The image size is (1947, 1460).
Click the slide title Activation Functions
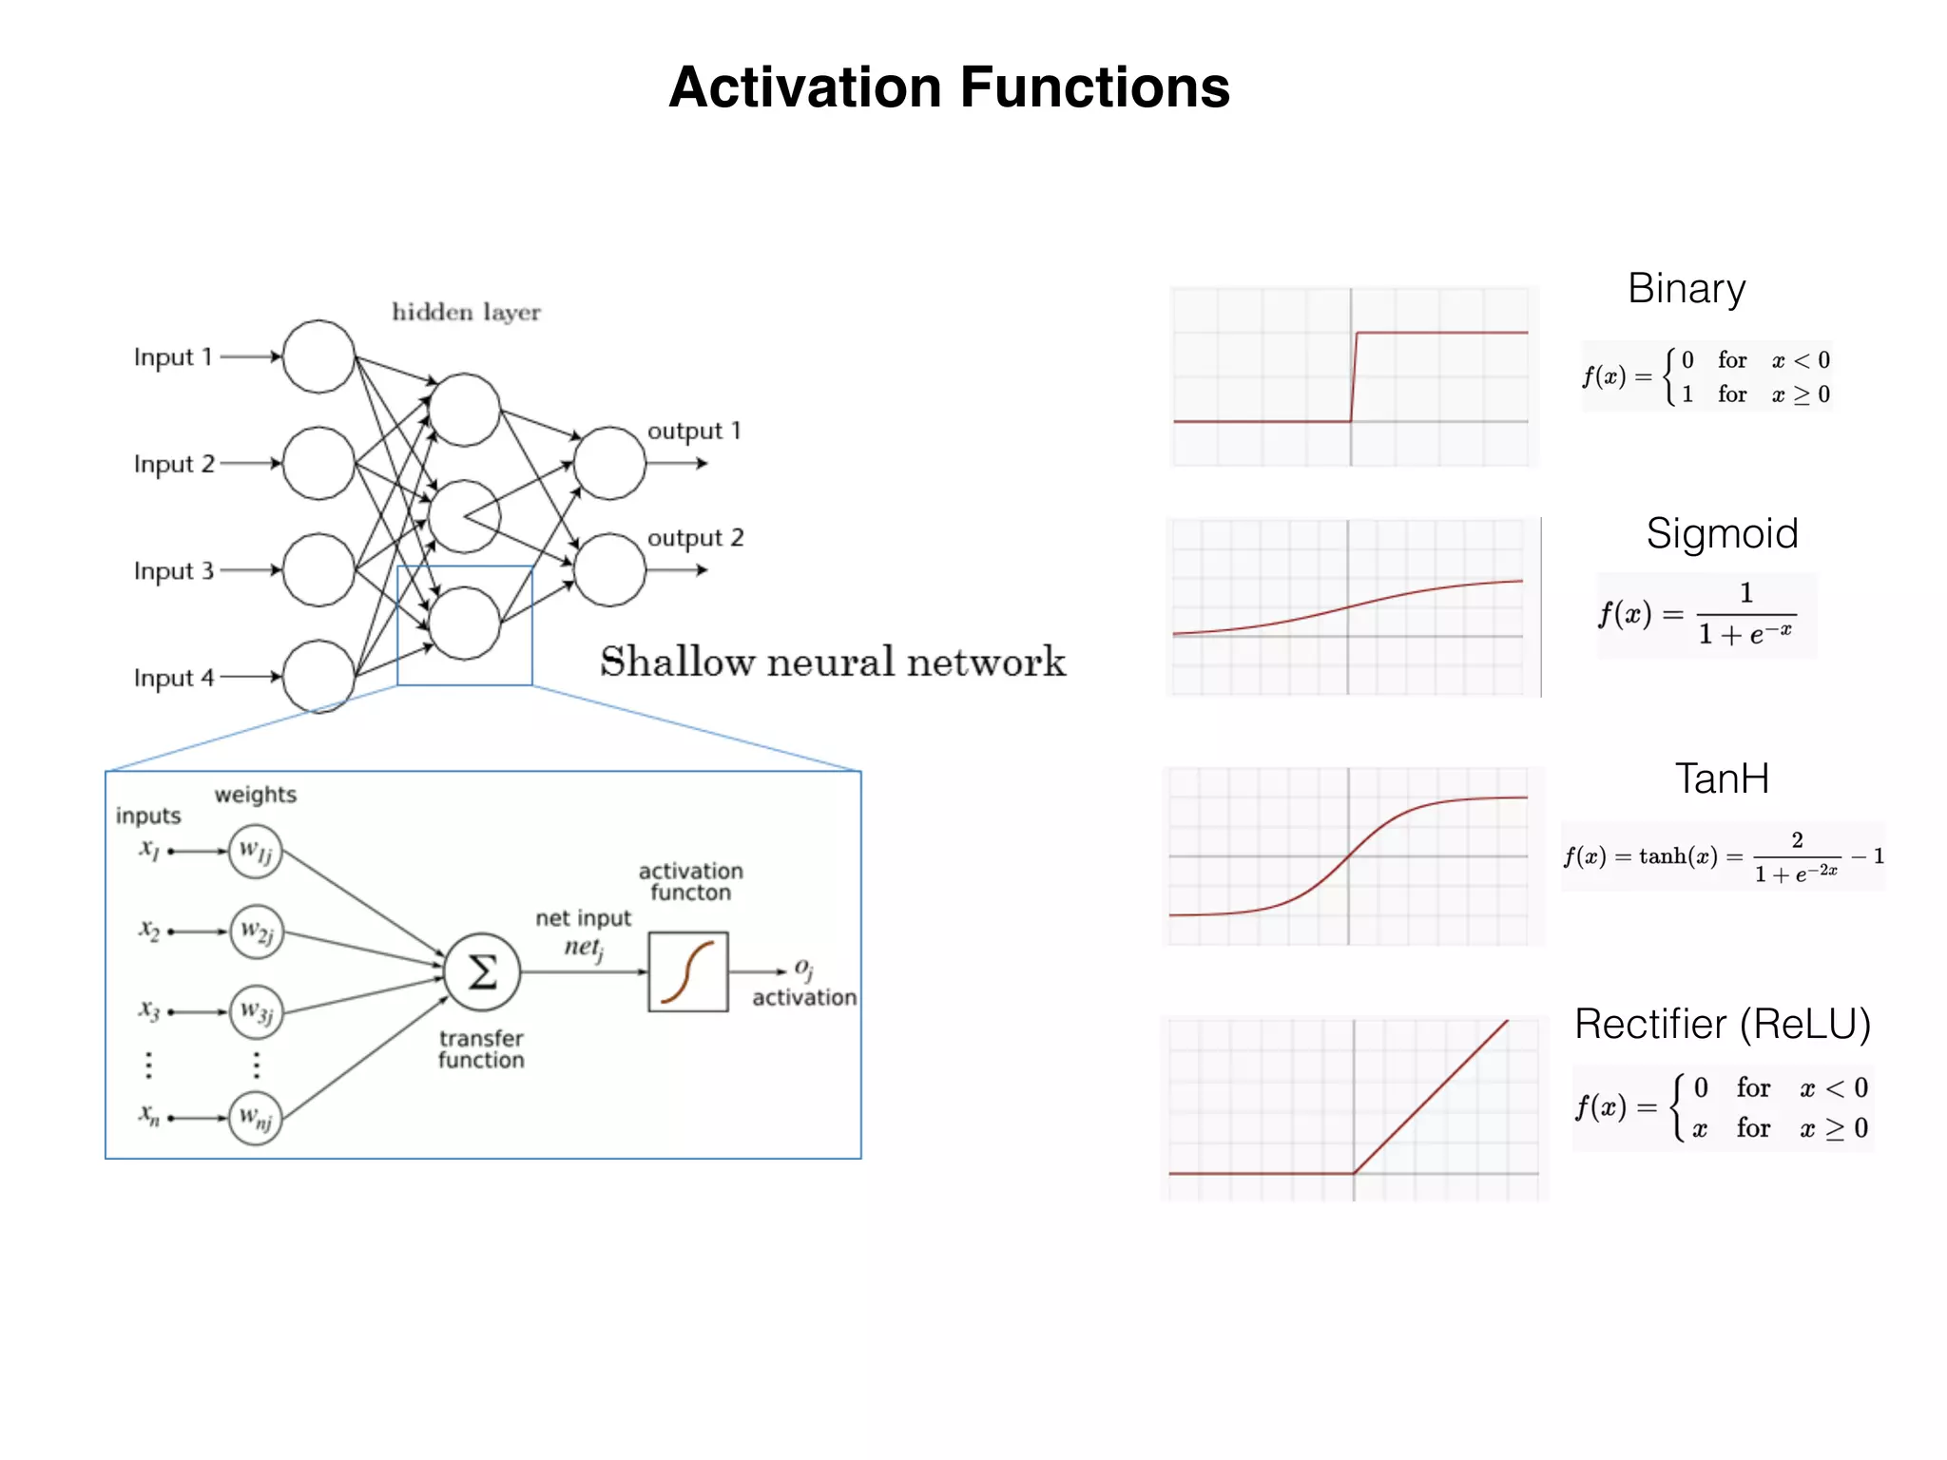(x=949, y=87)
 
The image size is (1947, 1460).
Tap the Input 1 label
(x=172, y=357)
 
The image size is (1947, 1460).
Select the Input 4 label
(x=173, y=678)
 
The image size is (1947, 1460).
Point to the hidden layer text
(x=466, y=312)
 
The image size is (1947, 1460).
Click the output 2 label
(x=695, y=538)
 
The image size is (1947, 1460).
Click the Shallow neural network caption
(x=833, y=662)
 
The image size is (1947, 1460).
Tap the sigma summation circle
(x=482, y=971)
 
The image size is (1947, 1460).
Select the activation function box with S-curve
(x=688, y=971)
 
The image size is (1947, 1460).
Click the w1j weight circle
(x=255, y=852)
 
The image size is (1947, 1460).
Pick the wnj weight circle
(x=255, y=1118)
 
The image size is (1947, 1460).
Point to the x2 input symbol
(x=149, y=930)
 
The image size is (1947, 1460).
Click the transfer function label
(x=481, y=1049)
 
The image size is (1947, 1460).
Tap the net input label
(x=583, y=918)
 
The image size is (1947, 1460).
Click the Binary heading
(x=1687, y=289)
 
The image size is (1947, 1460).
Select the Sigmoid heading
(x=1722, y=533)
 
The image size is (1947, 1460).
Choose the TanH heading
(x=1722, y=778)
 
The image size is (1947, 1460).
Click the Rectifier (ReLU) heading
(x=1722, y=1024)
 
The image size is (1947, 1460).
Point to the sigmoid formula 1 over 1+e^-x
(x=1706, y=615)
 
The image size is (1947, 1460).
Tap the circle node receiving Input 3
(x=318, y=570)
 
